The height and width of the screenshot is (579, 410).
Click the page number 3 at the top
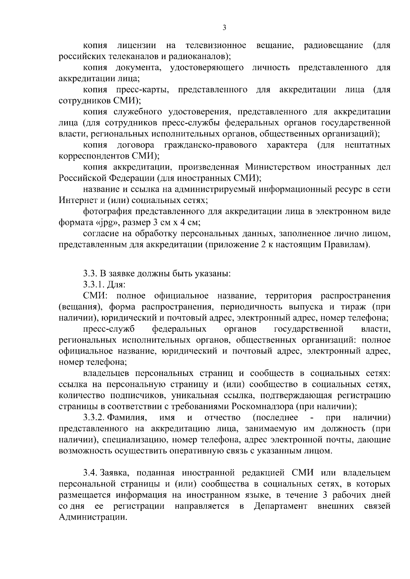pyautogui.click(x=224, y=28)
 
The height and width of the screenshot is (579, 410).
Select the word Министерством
pyautogui.click(x=276, y=167)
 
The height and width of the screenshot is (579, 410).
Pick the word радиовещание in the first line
pyautogui.click(x=333, y=45)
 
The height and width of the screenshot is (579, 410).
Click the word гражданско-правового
pyautogui.click(x=210, y=145)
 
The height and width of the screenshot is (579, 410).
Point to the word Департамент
pyautogui.click(x=281, y=506)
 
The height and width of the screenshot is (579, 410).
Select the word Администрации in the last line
pyautogui.click(x=91, y=517)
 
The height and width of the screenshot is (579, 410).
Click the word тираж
pyautogui.click(x=353, y=306)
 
